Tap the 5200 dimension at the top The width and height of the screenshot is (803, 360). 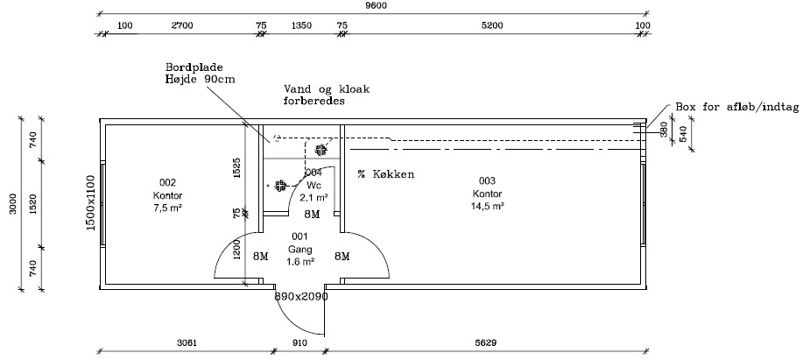[492, 25]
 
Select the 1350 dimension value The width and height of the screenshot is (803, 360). [301, 25]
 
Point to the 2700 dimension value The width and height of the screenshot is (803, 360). [181, 25]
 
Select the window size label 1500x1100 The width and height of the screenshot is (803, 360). [90, 202]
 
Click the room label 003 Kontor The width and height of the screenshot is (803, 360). [487, 193]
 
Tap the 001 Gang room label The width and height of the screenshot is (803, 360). [299, 249]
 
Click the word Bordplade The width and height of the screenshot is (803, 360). [194, 67]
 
